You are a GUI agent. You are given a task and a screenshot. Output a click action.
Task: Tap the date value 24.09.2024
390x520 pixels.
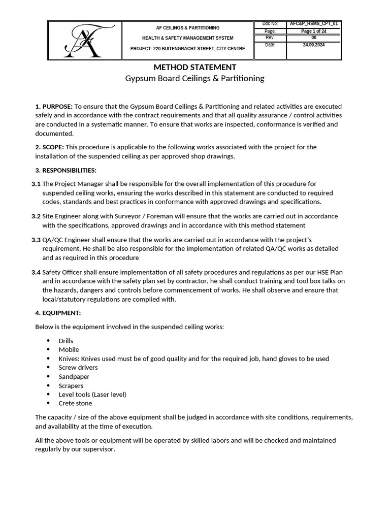(313, 45)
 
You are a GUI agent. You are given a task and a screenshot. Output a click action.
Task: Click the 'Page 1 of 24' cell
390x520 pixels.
(313, 31)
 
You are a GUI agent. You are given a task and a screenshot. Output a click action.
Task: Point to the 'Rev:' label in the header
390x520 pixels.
(270, 38)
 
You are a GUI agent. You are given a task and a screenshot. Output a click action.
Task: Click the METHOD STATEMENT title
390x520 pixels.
(195, 67)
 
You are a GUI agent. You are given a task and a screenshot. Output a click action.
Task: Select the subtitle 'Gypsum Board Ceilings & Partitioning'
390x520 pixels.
(195, 78)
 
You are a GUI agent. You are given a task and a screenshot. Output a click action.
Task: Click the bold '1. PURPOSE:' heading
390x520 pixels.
(54, 107)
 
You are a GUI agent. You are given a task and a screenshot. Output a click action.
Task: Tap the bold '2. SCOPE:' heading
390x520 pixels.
(49, 147)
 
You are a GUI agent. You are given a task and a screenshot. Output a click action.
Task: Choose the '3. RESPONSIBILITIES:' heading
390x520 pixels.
(66, 170)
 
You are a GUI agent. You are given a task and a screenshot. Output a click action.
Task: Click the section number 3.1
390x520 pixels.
(36, 184)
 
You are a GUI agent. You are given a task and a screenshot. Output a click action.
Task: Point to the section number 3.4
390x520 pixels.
(36, 273)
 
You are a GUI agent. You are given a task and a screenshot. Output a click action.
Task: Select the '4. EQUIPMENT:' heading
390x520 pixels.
(58, 313)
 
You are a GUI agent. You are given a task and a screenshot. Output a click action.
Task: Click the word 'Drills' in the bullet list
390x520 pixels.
(66, 341)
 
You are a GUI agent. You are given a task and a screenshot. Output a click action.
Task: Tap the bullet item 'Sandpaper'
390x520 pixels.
(74, 377)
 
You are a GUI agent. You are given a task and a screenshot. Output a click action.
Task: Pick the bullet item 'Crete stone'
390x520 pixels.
(76, 403)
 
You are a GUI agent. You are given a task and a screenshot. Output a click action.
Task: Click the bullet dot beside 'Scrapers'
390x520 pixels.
(48, 385)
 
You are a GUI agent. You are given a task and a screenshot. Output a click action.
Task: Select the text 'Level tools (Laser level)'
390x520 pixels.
(92, 395)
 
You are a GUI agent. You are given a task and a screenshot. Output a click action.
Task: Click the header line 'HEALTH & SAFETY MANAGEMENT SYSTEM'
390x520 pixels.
(187, 38)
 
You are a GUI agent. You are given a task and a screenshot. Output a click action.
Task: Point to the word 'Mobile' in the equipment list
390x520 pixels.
(69, 350)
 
